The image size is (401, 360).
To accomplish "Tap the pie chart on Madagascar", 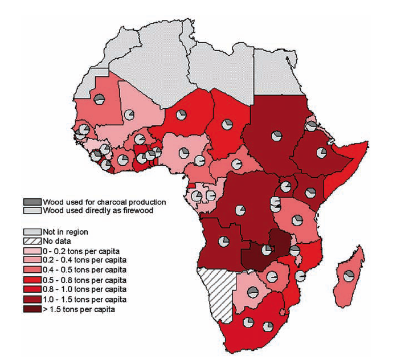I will coord(349,276).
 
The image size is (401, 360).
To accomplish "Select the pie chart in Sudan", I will coord(277,136).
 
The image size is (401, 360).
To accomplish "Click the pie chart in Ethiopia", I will coord(321,153).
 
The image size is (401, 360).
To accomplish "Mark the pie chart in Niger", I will coord(182,116).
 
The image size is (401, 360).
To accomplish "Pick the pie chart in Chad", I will coord(227,123).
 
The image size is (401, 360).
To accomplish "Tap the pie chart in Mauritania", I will coord(99,100).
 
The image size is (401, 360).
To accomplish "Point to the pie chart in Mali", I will coord(130,116).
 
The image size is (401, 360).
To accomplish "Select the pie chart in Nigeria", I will coord(184,153).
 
